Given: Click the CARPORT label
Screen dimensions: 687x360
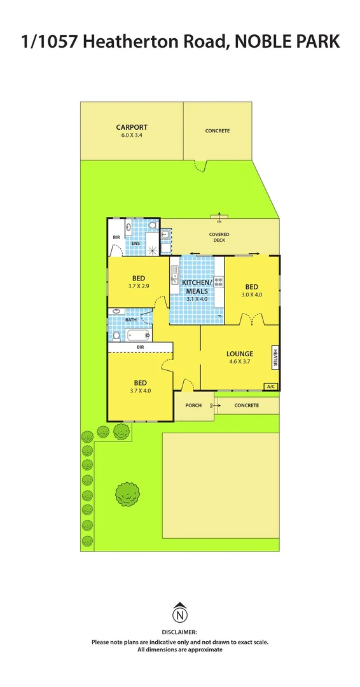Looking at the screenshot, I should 132,127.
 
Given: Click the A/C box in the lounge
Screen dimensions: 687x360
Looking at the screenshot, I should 271,386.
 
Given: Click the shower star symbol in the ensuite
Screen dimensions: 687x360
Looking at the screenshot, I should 153,249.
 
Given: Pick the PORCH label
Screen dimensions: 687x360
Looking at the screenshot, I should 193,405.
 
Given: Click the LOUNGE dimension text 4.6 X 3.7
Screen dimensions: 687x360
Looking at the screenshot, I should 240,362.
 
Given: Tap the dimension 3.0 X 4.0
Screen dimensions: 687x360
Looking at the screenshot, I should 251,295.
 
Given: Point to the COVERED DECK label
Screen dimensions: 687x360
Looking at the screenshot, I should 219,237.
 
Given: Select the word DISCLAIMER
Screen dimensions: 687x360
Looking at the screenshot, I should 180,633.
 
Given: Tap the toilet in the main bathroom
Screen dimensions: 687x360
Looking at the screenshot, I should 116,312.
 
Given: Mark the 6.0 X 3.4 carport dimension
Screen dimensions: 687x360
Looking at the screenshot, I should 132,135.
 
